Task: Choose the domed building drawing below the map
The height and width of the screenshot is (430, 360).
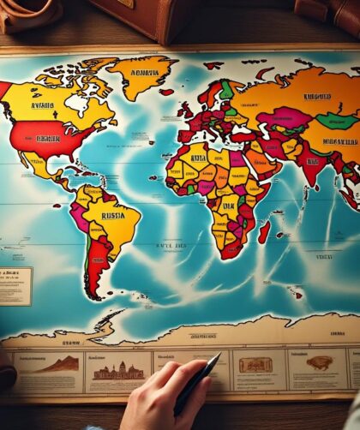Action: tap(117, 370)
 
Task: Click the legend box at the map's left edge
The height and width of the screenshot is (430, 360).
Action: tap(15, 285)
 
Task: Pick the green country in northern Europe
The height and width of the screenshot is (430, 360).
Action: tap(225, 88)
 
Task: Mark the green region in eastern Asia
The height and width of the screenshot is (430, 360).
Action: tap(336, 121)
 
